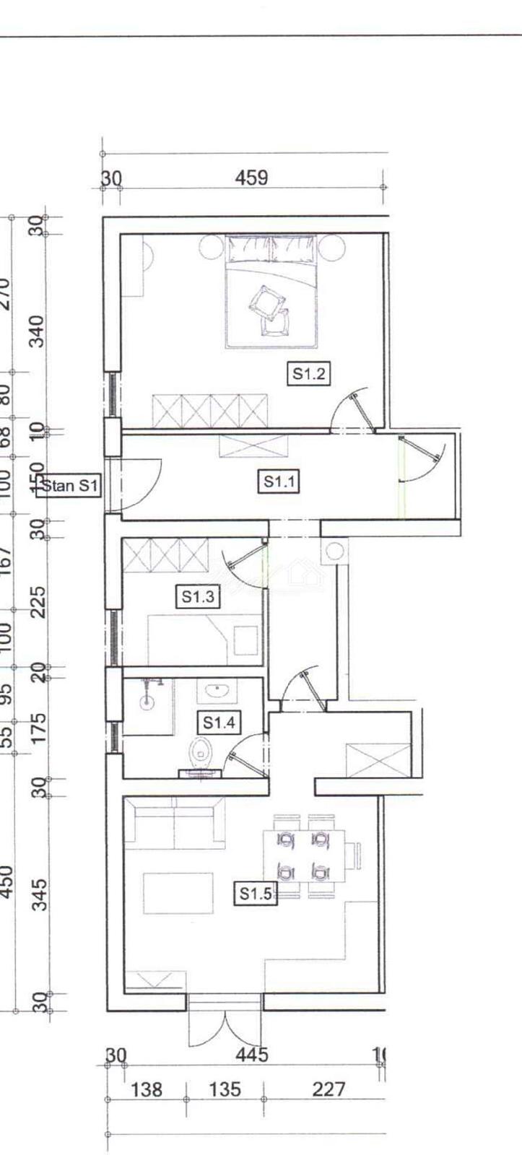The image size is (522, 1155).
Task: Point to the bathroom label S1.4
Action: [x=219, y=722]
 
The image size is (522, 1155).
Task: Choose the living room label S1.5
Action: [x=255, y=894]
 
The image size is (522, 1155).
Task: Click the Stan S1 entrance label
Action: [x=69, y=486]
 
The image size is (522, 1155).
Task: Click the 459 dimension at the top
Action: [x=251, y=177]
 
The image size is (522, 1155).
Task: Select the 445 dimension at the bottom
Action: [x=252, y=1055]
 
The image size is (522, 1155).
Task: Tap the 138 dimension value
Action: [x=147, y=1089]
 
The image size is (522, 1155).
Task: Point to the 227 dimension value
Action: [x=329, y=1089]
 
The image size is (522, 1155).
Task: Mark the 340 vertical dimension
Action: [x=39, y=331]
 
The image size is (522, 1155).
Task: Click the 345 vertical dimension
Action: [x=39, y=894]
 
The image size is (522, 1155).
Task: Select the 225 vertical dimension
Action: [x=39, y=601]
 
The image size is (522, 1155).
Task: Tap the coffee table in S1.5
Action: [x=178, y=894]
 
